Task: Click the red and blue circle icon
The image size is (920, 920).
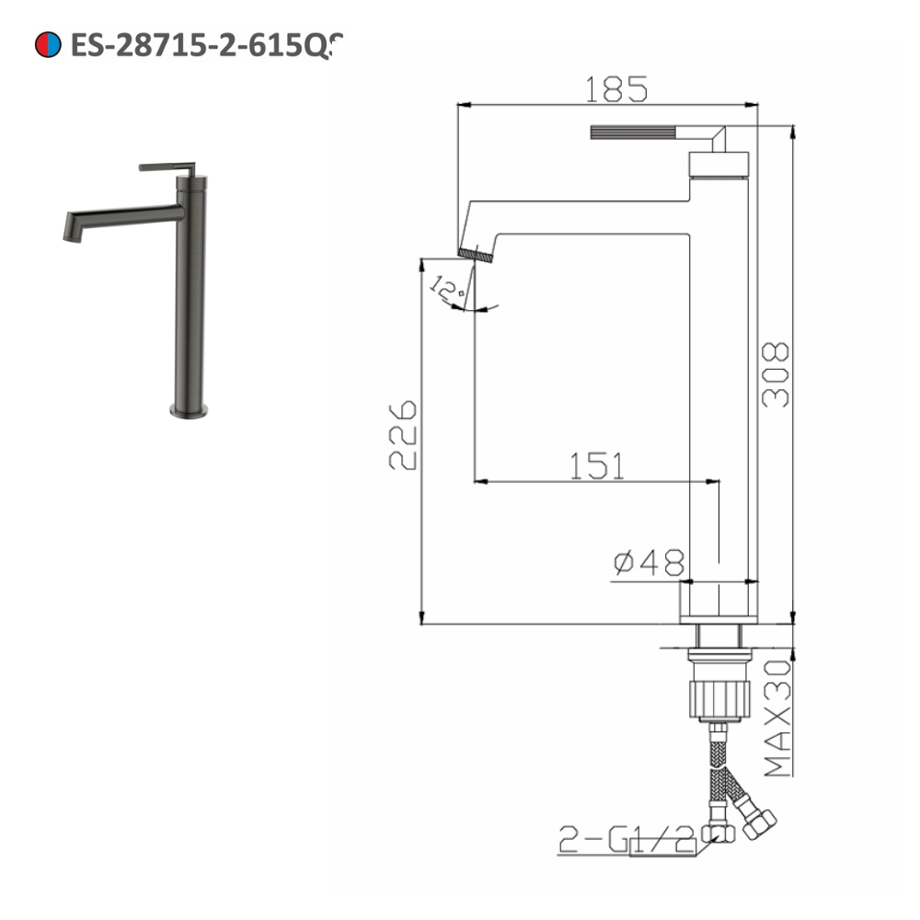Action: [x=47, y=43]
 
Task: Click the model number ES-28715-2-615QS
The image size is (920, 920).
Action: [x=207, y=44]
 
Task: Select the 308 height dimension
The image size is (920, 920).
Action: [x=776, y=374]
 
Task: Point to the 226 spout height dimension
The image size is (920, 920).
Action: [x=403, y=435]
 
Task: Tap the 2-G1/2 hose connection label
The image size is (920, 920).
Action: [x=626, y=839]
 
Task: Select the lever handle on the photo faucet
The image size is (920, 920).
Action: [x=167, y=167]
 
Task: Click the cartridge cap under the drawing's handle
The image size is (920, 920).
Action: [x=718, y=166]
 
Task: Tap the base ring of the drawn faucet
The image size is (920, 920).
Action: [x=719, y=603]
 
